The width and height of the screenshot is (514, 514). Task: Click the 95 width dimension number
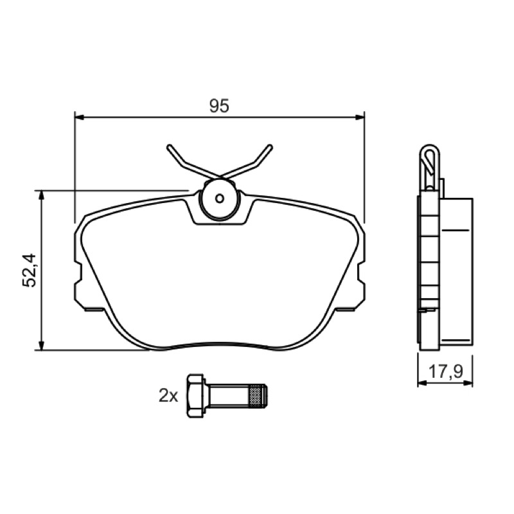pos(219,105)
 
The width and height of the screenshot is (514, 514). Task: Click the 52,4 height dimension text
pos(30,270)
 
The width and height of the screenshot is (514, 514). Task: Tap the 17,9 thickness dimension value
pos(446,371)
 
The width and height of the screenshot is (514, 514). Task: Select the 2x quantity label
pos(168,395)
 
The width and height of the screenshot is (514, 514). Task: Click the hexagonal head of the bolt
pos(195,396)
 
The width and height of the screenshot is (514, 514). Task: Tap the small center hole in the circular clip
pos(219,198)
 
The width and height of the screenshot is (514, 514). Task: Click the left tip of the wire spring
pos(169,146)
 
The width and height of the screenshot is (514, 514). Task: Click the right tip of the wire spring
pos(270,146)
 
